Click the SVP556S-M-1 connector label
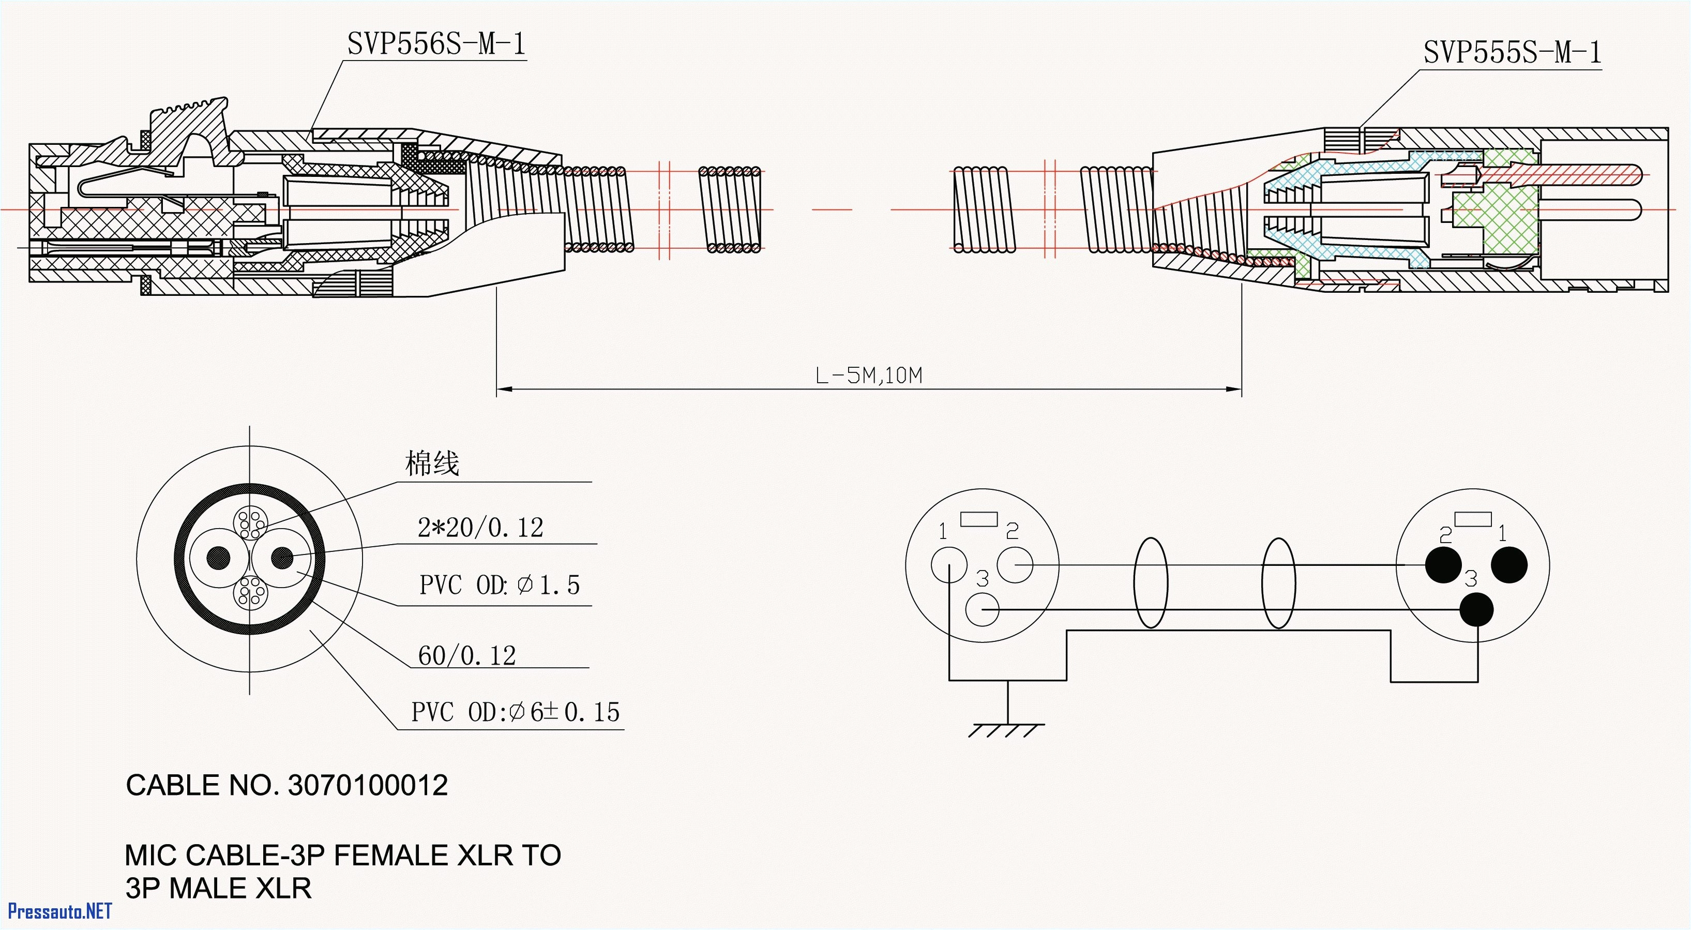pyautogui.click(x=436, y=44)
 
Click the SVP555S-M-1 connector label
pyautogui.click(x=1512, y=53)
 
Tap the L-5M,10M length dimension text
pyautogui.click(x=868, y=376)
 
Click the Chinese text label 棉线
pyautogui.click(x=431, y=463)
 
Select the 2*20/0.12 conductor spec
pyautogui.click(x=480, y=528)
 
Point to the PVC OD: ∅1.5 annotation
pyautogui.click(x=499, y=584)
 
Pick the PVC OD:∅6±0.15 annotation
pyautogui.click(x=515, y=712)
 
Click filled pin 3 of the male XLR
pyautogui.click(x=1477, y=609)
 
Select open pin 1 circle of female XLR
pyautogui.click(x=948, y=565)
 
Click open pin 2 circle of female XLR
pyautogui.click(x=1015, y=564)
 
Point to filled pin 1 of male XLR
pyautogui.click(x=1509, y=564)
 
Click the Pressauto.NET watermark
pyautogui.click(x=59, y=911)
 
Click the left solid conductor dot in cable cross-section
pyautogui.click(x=219, y=558)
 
